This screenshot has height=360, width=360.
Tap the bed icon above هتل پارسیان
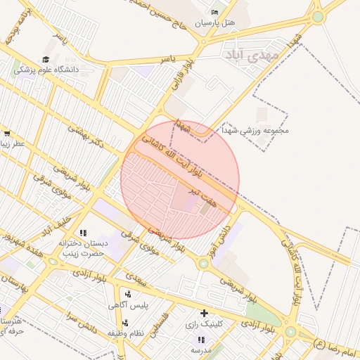pos(215,12)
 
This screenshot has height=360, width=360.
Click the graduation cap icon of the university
pos(46,60)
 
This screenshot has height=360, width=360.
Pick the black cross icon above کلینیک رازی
pos(204,313)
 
